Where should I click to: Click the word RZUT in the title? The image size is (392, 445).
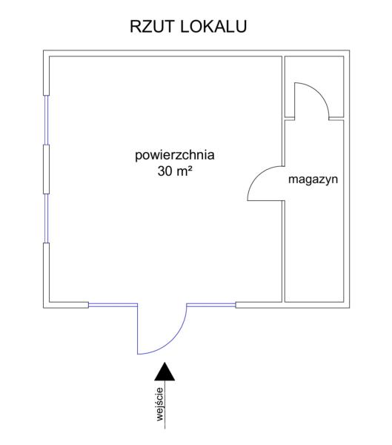151,27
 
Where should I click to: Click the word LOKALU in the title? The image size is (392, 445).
213,27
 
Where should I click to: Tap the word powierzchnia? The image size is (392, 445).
175,156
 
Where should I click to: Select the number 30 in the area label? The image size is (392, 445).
165,171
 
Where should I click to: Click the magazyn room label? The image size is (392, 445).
313,180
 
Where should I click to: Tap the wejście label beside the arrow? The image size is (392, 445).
160,404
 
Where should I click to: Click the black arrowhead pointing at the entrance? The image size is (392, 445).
165,372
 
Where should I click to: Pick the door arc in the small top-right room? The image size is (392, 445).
319,92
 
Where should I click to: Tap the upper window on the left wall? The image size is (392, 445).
46,120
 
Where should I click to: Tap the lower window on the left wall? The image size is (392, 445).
46,219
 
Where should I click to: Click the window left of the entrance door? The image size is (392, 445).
113,306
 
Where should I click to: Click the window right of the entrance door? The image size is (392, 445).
211,306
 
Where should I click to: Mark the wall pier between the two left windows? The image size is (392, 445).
46,169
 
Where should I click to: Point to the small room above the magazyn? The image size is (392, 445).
314,87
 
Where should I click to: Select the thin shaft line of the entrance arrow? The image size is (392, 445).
165,404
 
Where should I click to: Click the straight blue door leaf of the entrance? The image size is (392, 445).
138,329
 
